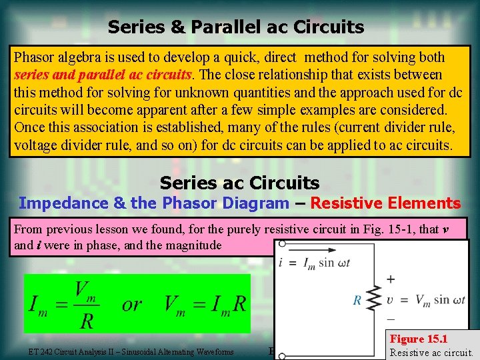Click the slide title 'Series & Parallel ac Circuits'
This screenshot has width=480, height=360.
click(x=235, y=27)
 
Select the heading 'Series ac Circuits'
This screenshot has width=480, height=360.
click(x=239, y=183)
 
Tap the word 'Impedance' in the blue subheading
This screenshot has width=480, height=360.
click(x=55, y=203)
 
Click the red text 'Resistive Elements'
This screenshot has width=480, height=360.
click(x=385, y=203)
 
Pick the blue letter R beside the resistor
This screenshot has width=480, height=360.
click(x=357, y=301)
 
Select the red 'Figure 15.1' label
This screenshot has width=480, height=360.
click(x=418, y=339)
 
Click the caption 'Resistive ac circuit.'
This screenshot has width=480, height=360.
click(x=431, y=352)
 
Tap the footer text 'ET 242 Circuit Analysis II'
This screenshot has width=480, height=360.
click(x=131, y=352)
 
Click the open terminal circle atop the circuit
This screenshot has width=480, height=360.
click(x=283, y=244)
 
